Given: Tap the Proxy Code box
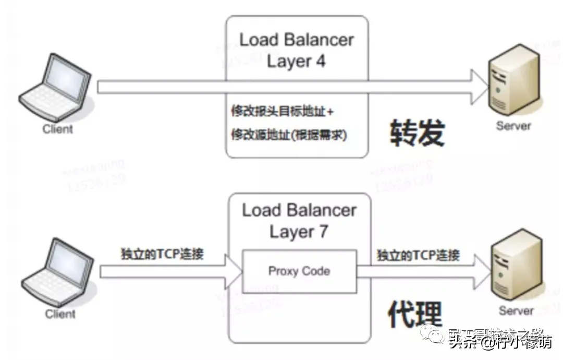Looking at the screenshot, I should click(x=299, y=271).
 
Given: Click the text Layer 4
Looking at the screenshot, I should click(x=296, y=61).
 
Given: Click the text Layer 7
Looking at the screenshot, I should click(x=299, y=232).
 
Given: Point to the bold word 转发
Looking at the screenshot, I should click(x=418, y=133).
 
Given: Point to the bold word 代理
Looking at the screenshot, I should click(x=415, y=314).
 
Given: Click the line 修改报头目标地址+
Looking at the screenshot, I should click(x=283, y=112).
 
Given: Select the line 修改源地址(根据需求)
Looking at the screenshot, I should click(x=289, y=135).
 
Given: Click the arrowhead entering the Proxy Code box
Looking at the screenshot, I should click(x=234, y=271).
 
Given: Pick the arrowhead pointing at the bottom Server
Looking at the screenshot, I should click(x=482, y=271).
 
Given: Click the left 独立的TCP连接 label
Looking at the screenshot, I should click(x=162, y=255).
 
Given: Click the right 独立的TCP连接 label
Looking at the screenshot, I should click(x=418, y=255).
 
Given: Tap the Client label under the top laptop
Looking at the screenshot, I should click(x=58, y=129).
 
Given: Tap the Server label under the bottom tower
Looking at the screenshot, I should click(x=516, y=311).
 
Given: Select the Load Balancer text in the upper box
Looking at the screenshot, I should click(x=296, y=40).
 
